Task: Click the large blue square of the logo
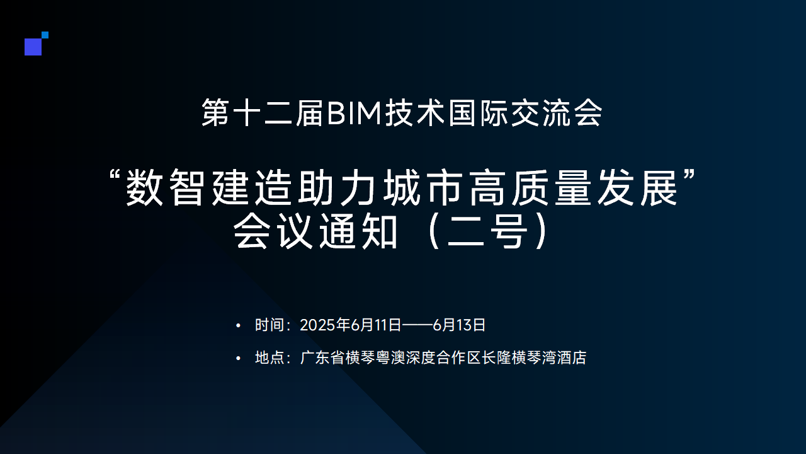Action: point(33,47)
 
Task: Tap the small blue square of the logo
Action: point(45,35)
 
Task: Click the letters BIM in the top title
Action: point(354,113)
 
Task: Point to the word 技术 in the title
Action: point(415,113)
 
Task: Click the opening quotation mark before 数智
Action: point(115,176)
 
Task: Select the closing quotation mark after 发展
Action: point(688,176)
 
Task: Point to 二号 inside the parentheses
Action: point(487,231)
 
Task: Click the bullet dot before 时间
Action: point(238,326)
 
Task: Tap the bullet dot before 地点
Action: point(238,359)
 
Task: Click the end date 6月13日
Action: point(459,325)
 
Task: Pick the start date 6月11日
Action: point(376,325)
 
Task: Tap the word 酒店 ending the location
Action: point(572,358)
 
